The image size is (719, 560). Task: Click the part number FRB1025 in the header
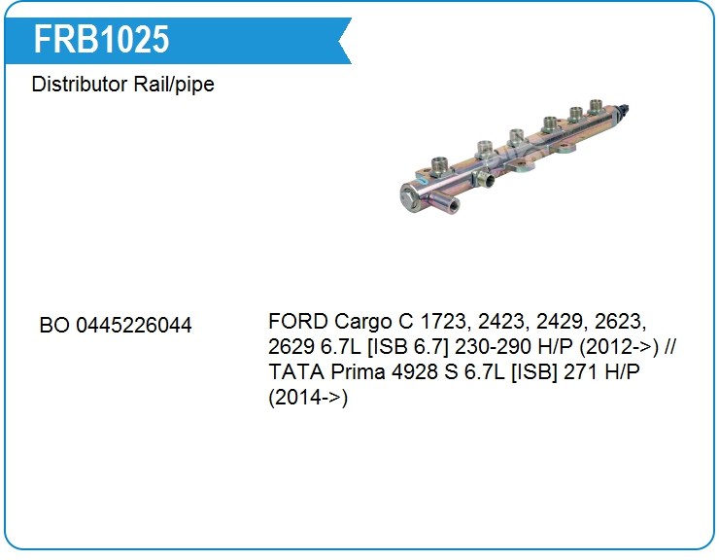101,39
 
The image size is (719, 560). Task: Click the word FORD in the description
297,321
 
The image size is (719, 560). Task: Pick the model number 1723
436,321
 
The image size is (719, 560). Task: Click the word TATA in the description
294,372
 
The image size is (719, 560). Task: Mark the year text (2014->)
307,398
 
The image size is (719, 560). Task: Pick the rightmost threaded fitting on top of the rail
601,115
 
